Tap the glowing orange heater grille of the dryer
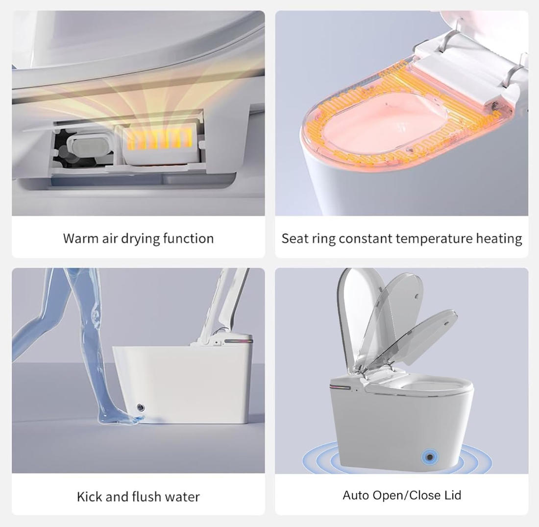(160, 140)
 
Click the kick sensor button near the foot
(141, 408)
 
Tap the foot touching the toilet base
(121, 418)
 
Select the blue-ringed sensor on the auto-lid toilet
(430, 456)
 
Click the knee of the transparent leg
(95, 315)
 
